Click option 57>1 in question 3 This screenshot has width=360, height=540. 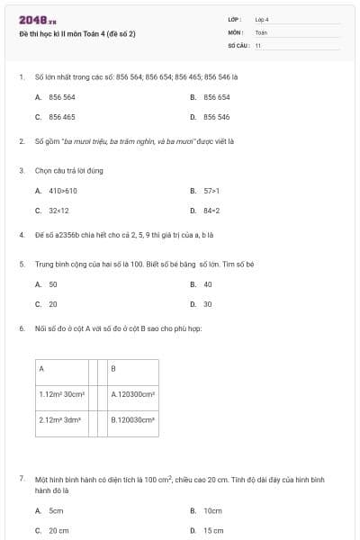point(211,191)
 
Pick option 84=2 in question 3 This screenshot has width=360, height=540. point(211,211)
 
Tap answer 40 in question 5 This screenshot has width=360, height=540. point(208,284)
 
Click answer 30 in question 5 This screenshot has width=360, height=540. point(208,304)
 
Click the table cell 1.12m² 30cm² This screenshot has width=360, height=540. point(61,394)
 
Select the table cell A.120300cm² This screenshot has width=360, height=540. point(133,394)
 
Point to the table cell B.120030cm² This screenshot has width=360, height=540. point(133,419)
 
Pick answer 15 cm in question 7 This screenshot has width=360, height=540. point(212,530)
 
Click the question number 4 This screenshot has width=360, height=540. point(21,235)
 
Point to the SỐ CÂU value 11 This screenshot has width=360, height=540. point(258,45)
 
